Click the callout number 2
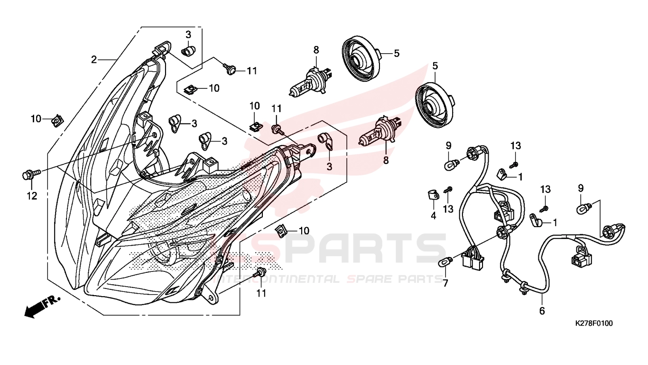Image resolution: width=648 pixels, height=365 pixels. point(93,60)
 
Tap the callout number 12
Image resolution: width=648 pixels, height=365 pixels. point(32,196)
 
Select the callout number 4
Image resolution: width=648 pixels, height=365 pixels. point(433,216)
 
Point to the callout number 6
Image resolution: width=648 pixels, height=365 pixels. point(542,311)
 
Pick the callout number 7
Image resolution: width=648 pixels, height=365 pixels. point(445,283)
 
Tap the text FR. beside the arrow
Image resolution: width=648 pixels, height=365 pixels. point(52,301)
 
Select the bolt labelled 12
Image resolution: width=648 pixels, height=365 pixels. point(31,174)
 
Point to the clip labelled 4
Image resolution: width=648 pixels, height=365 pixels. point(433,194)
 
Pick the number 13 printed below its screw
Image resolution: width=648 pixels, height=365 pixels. point(448,209)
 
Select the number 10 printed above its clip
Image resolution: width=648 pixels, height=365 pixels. point(255,106)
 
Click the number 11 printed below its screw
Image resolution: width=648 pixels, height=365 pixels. point(261,294)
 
